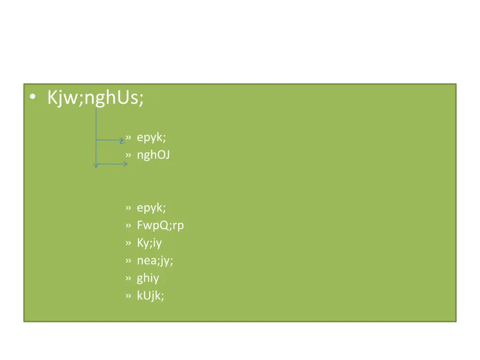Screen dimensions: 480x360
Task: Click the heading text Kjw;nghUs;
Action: (96, 97)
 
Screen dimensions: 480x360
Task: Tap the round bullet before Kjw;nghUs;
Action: (32, 97)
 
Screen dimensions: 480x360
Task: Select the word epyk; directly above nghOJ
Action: (151, 137)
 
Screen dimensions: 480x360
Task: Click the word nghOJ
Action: (153, 155)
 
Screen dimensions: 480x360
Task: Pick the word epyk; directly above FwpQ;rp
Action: (151, 208)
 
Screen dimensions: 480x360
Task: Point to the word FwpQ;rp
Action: (160, 225)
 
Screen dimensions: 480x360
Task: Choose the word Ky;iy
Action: (150, 243)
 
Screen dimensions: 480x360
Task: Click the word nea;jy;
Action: (155, 261)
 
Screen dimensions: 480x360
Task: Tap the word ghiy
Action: (148, 278)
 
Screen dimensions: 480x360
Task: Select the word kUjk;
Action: (150, 296)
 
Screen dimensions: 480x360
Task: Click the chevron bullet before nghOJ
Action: (128, 155)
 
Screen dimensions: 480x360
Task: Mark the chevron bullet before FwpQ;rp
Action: (128, 225)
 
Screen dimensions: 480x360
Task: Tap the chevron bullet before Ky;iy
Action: (128, 243)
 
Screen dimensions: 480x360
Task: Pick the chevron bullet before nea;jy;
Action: (128, 261)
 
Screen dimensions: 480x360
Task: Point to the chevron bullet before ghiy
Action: (128, 278)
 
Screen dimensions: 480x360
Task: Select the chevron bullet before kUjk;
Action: (128, 296)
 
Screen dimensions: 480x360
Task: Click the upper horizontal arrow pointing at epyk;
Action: (111, 140)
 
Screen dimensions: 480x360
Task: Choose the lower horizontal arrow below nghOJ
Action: (112, 164)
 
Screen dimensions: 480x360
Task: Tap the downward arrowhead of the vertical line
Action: (96, 165)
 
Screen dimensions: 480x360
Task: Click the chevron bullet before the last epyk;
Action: (128, 208)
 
